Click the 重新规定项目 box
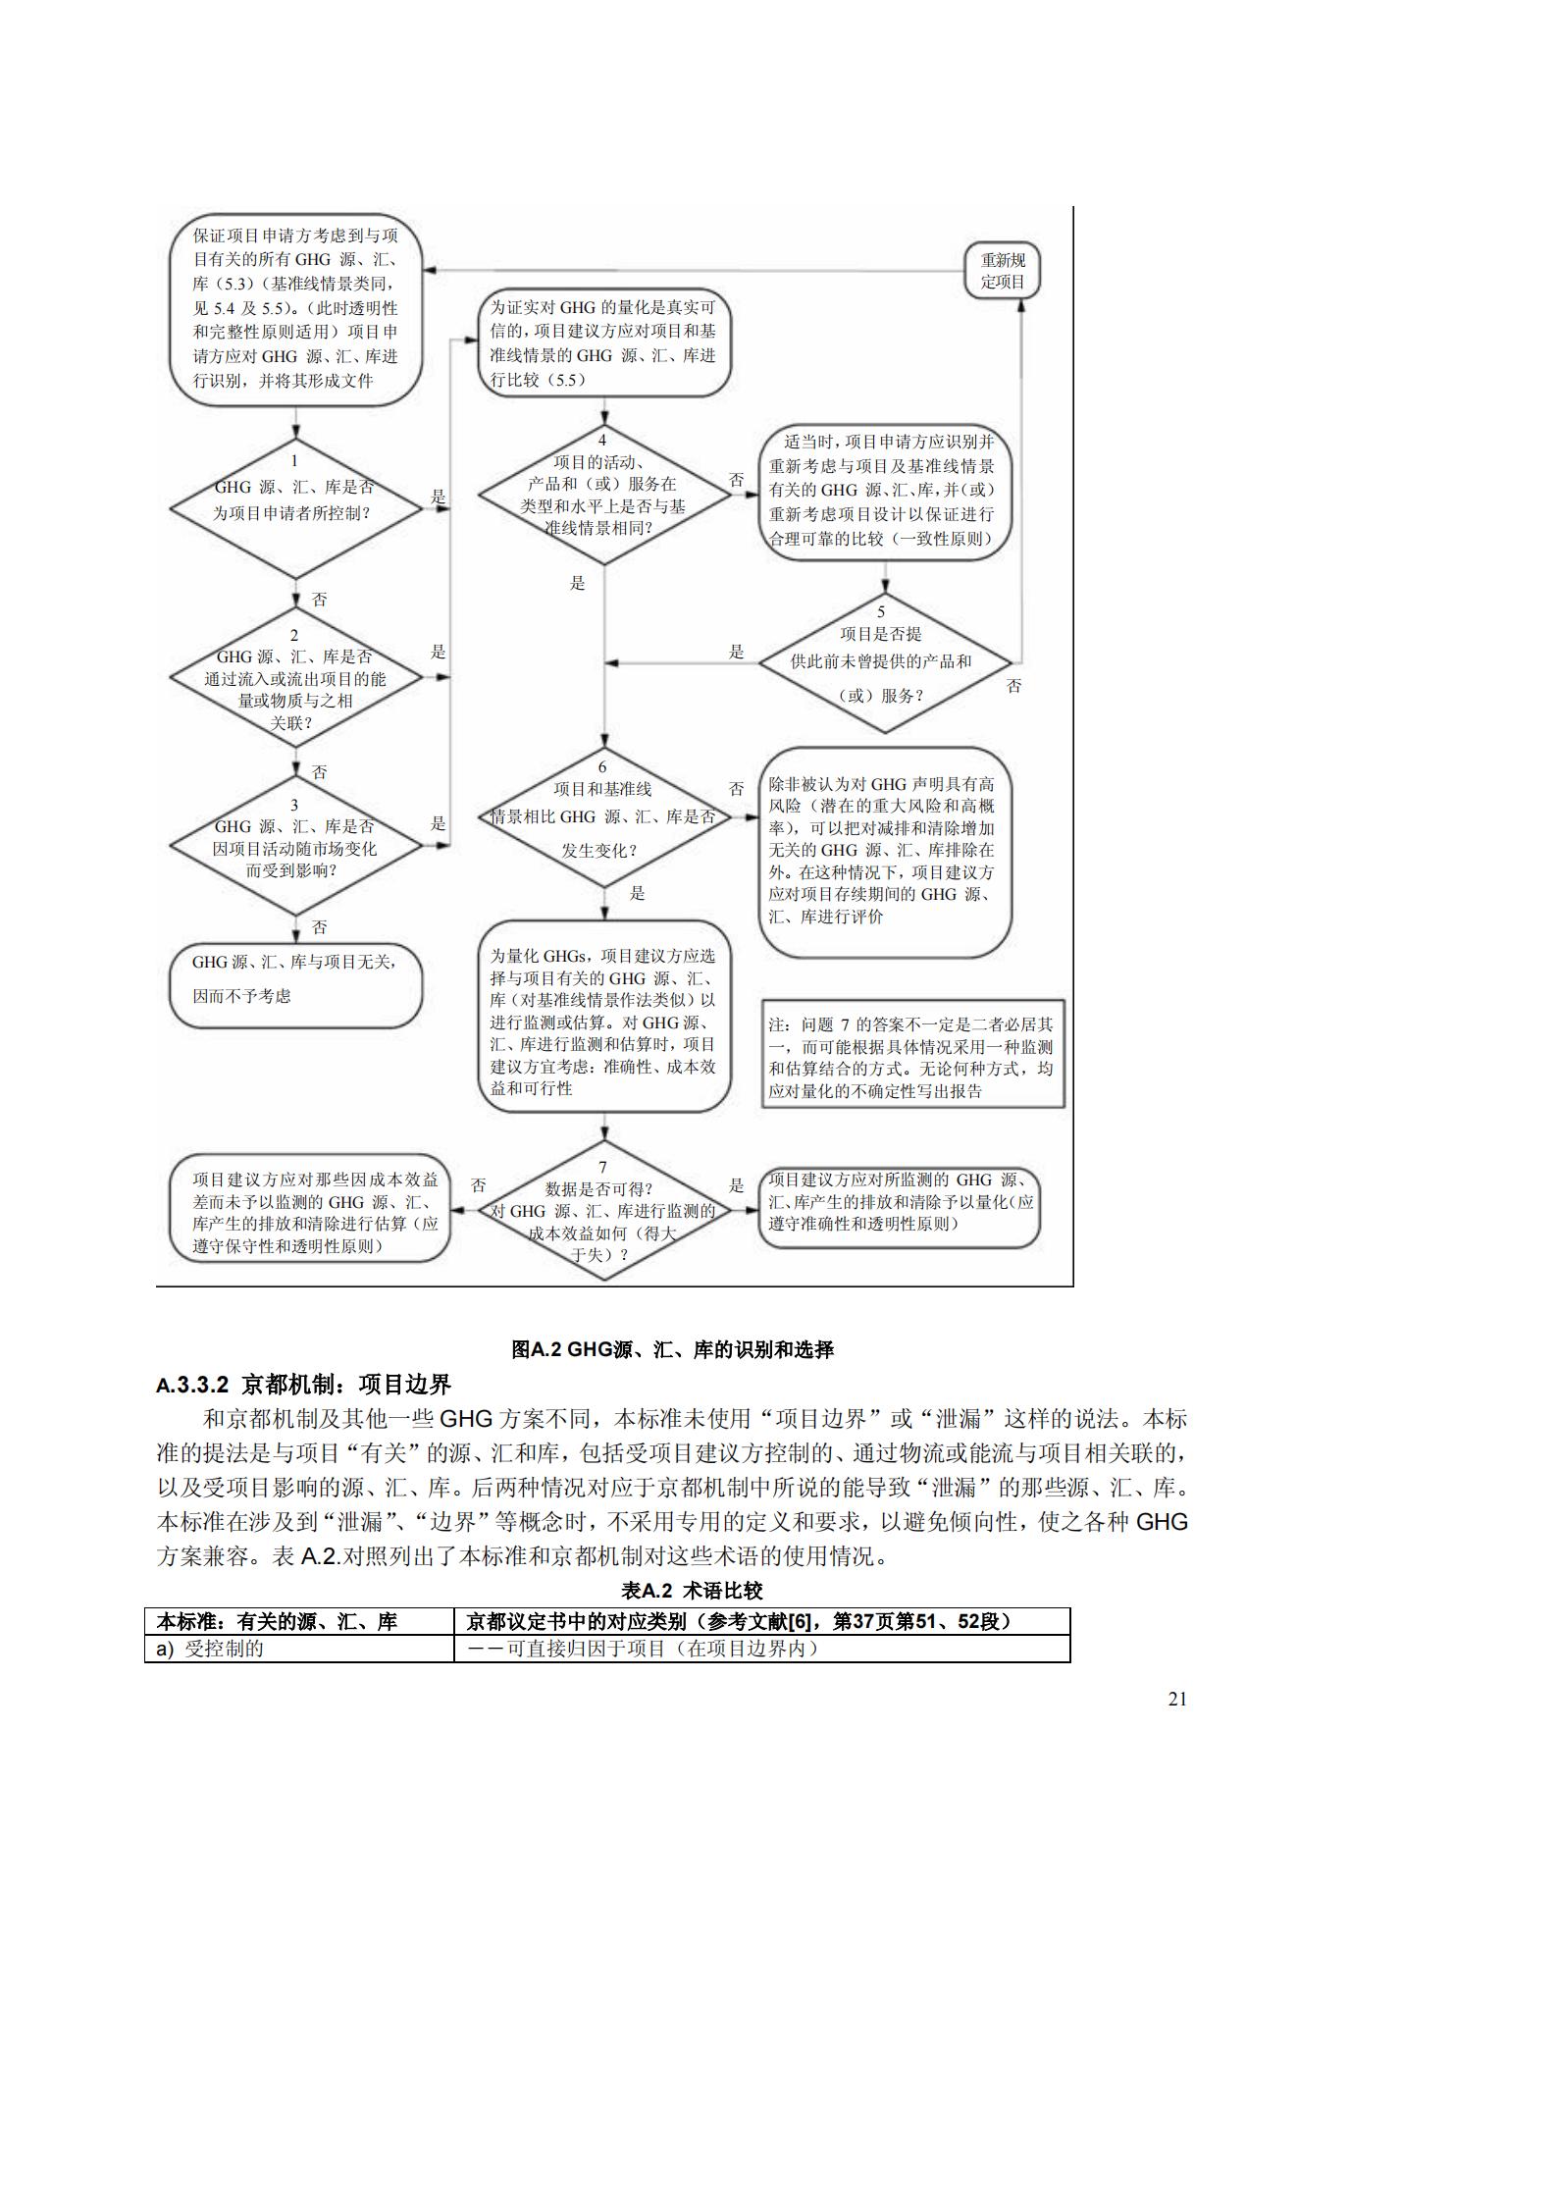pyautogui.click(x=1002, y=271)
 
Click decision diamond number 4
pyautogui.click(x=603, y=496)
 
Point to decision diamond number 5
pyautogui.click(x=885, y=663)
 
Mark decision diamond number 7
pyautogui.click(x=603, y=1212)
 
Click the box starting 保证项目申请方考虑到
pyautogui.click(x=295, y=308)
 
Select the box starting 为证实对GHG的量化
pyautogui.click(x=603, y=343)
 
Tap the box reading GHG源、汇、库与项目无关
pyautogui.click(x=295, y=985)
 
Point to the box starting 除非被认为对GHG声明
pyautogui.click(x=884, y=852)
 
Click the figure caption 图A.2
pyautogui.click(x=673, y=1349)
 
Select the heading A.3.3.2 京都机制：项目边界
pyautogui.click(x=303, y=1384)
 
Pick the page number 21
pyautogui.click(x=1177, y=1700)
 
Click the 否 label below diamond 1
pyautogui.click(x=320, y=600)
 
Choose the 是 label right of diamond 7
pyautogui.click(x=736, y=1185)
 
